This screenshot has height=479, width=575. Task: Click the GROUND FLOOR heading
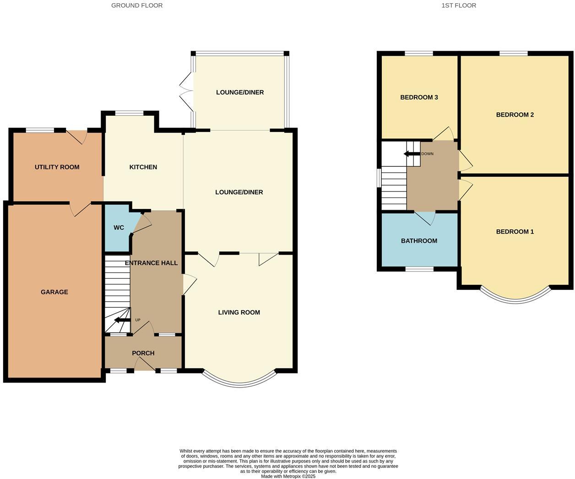[x=137, y=5]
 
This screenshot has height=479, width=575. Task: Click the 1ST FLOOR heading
[x=459, y=5]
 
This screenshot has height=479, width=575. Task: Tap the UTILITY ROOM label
[x=57, y=167]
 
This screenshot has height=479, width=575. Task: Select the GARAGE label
[x=54, y=292]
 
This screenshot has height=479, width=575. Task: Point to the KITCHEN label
[x=143, y=167]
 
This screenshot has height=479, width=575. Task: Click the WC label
[x=119, y=228]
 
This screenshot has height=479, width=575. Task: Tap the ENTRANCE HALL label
[x=151, y=263]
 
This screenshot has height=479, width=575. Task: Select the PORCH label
[x=143, y=353]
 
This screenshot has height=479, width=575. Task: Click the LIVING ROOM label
[x=239, y=313]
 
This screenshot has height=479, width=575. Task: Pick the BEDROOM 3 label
[x=419, y=97]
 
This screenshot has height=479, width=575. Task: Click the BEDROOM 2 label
[x=515, y=115]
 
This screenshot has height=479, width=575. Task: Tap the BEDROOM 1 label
[x=515, y=232]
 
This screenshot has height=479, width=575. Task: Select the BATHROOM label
[x=419, y=241]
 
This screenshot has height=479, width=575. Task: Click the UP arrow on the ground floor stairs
[x=121, y=320]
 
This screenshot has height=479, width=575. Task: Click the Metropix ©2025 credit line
[x=288, y=476]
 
